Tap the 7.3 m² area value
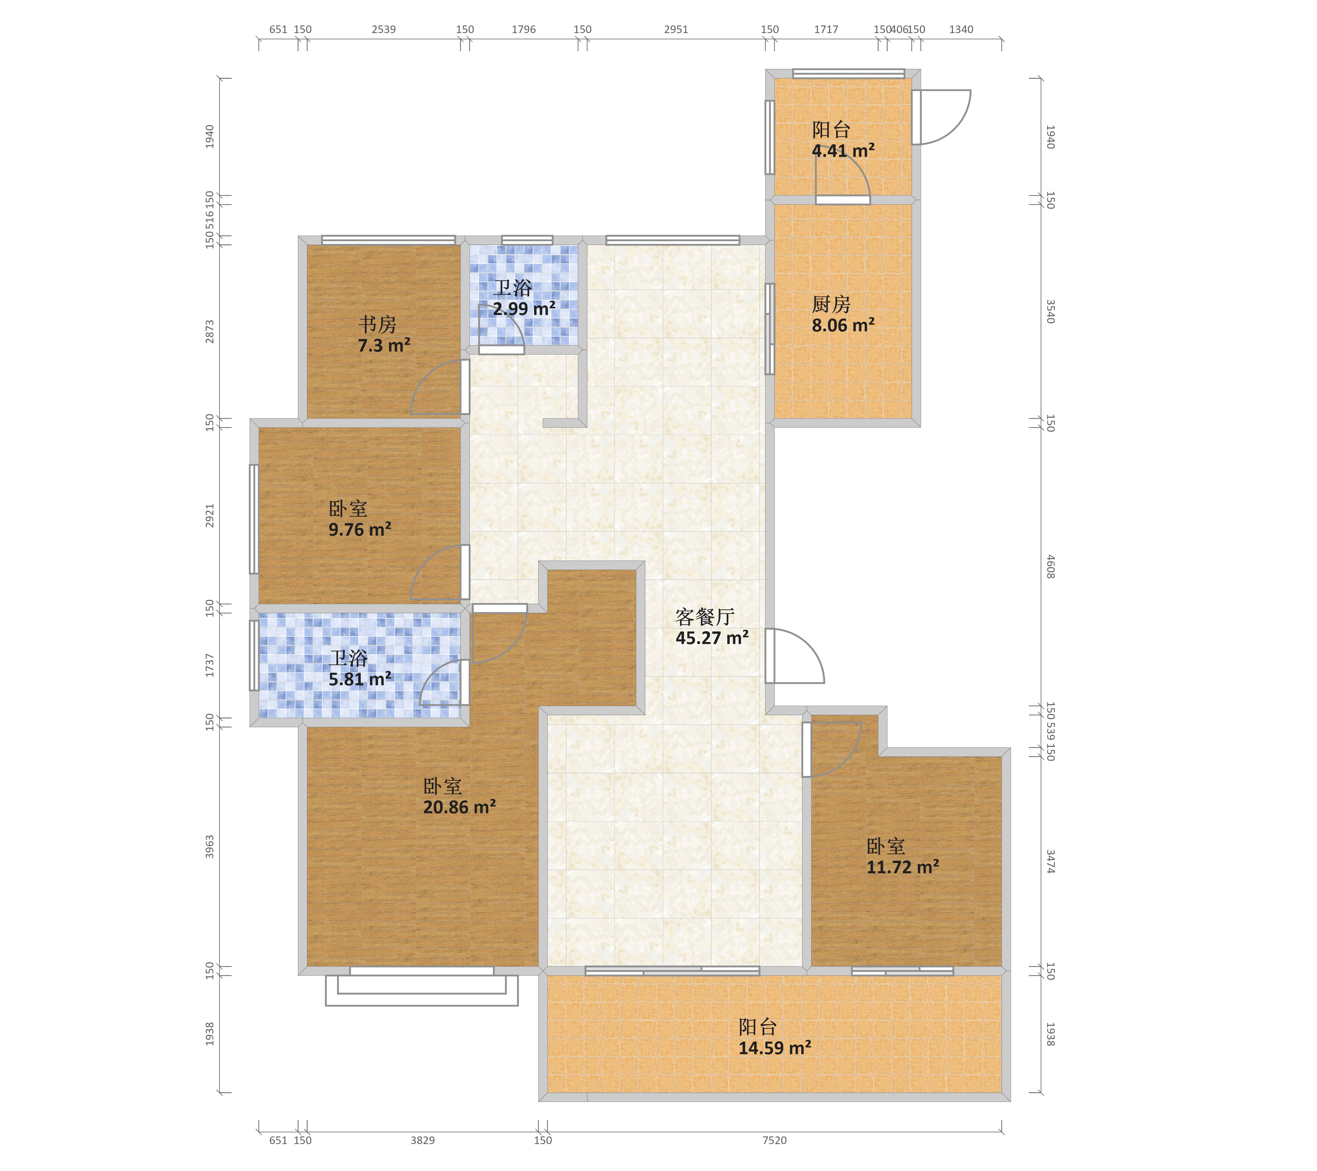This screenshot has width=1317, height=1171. (384, 345)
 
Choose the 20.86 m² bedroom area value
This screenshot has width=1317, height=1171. (459, 807)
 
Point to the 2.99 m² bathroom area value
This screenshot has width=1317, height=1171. (524, 309)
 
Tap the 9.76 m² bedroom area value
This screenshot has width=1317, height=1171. (360, 530)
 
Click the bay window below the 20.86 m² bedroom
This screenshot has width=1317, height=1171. (421, 986)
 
